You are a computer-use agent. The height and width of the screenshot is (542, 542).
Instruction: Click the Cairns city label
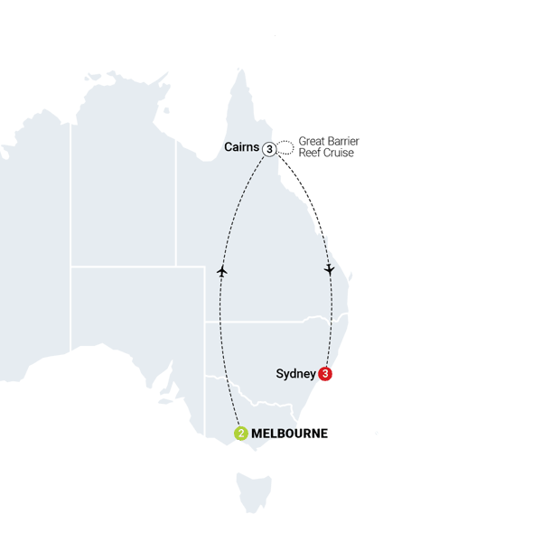(241, 147)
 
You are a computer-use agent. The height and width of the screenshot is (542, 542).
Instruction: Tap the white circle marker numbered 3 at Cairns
(268, 149)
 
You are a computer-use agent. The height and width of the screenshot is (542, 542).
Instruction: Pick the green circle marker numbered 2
(240, 434)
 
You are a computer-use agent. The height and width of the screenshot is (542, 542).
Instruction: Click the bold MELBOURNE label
(289, 435)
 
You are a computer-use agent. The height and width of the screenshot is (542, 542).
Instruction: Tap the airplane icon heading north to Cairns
(221, 270)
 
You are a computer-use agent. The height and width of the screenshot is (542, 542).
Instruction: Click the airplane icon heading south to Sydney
(330, 269)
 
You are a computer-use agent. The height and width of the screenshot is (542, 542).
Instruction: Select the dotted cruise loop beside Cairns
(285, 146)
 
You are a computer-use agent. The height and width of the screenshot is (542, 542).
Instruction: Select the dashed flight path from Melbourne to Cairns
(221, 325)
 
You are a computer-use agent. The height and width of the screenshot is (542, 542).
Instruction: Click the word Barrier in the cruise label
(343, 143)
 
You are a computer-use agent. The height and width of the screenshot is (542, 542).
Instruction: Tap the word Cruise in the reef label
(339, 154)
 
